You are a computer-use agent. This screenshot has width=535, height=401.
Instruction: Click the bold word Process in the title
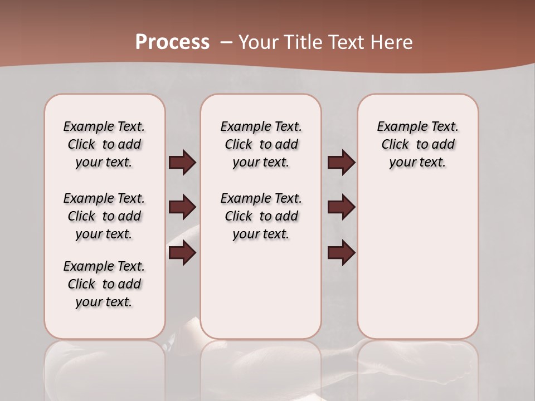[172, 42]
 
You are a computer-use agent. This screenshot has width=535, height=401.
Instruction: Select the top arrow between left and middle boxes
[182, 163]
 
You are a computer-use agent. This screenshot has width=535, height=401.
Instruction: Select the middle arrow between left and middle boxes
[182, 207]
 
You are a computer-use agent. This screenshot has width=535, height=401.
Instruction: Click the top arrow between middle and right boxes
[341, 163]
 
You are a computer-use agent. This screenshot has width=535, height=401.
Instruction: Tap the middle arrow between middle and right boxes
[341, 207]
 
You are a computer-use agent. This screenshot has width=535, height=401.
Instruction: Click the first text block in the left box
[104, 144]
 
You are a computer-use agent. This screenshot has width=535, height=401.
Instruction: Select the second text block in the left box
[104, 216]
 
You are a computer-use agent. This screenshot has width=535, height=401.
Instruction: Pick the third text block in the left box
[104, 284]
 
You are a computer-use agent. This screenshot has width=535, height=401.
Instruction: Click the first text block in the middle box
[261, 144]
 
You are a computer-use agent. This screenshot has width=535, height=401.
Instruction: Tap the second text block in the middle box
[261, 216]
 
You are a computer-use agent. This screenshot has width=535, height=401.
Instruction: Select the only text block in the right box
[417, 144]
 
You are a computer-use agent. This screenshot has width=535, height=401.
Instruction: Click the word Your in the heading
[259, 42]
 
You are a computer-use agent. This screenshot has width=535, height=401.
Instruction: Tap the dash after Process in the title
[226, 42]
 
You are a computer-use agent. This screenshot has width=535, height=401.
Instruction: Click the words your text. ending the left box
[104, 302]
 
